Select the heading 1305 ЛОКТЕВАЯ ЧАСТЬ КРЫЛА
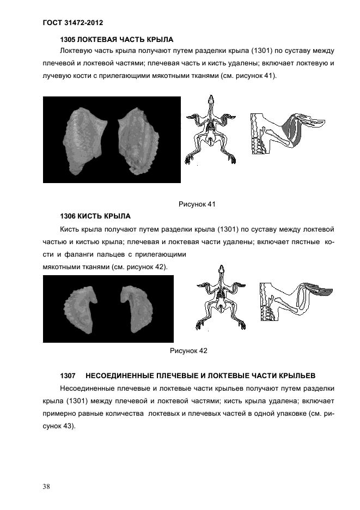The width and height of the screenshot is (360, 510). [x=116, y=40]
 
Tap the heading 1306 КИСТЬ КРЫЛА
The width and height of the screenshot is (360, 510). [x=95, y=216]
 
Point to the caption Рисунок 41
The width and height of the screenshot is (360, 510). [x=197, y=204]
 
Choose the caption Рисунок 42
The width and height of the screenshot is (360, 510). [x=188, y=351]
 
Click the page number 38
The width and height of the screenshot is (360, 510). [x=46, y=487]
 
